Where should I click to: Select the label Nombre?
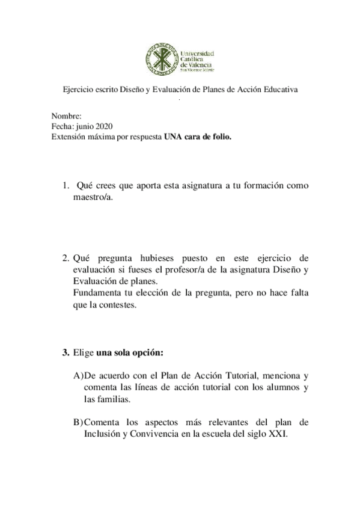[x=63, y=116]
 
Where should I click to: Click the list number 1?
[x=66, y=186]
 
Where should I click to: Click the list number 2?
[x=66, y=258]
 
